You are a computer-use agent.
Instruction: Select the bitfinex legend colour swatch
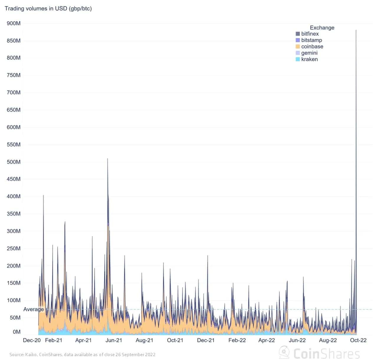[x=298, y=34]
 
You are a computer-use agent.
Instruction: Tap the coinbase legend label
[x=312, y=47]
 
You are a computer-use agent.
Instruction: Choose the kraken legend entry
[x=309, y=59]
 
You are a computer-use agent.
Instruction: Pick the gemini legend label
[x=309, y=53]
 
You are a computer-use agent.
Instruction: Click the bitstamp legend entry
[x=311, y=40]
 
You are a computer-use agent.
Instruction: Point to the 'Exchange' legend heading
[x=322, y=28]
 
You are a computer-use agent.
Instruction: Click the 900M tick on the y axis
[x=14, y=23]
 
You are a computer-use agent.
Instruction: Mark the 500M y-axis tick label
[x=14, y=162]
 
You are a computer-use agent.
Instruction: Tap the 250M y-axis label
[x=14, y=248]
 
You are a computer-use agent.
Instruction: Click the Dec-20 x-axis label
[x=32, y=340]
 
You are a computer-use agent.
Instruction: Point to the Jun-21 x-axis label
[x=114, y=340]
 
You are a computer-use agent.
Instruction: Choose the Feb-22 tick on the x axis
[x=237, y=340]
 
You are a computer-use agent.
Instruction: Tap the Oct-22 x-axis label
[x=358, y=340]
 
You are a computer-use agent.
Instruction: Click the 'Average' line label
[x=34, y=309]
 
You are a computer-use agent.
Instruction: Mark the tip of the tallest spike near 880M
[x=356, y=30]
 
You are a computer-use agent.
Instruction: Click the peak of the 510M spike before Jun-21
[x=107, y=159]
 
